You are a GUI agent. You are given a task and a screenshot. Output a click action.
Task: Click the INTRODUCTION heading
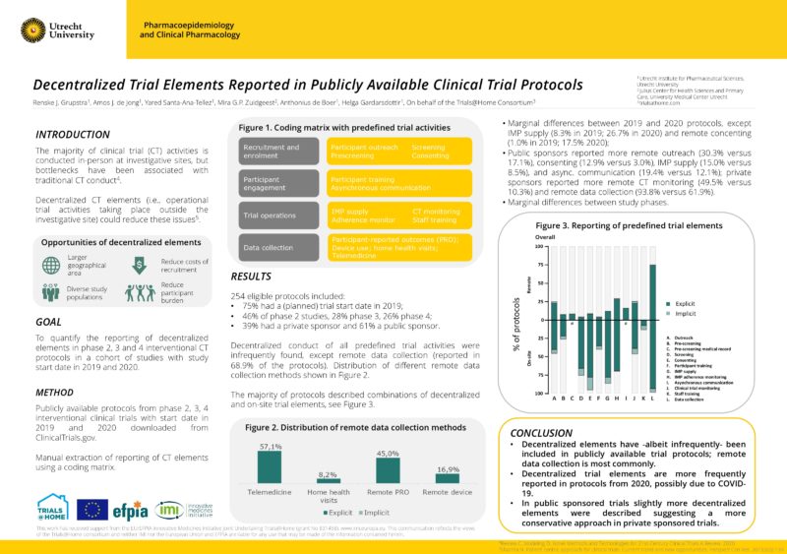pos(72,134)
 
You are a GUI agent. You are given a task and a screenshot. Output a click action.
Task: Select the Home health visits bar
pos(328,478)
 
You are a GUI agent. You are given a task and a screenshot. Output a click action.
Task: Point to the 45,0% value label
pos(388,454)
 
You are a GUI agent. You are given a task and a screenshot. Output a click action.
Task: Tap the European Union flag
pos(93,509)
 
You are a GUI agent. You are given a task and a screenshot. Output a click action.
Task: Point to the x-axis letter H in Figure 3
pos(615,398)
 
